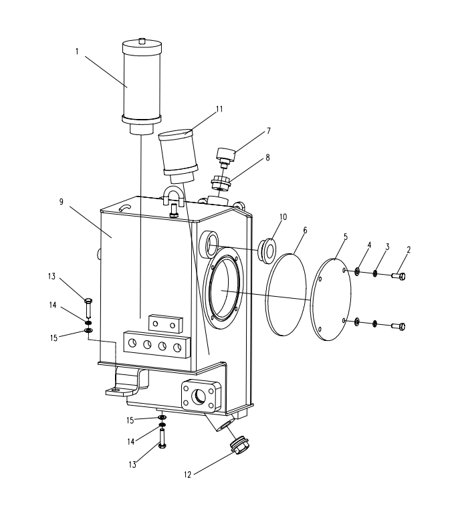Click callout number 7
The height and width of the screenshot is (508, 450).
click(x=249, y=131)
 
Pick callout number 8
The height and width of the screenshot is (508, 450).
click(x=249, y=158)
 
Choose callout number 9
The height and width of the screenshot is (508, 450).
click(x=62, y=201)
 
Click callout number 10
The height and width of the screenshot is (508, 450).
click(x=284, y=217)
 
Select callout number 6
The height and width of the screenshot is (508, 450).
click(x=305, y=230)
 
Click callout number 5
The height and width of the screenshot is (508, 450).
click(x=346, y=236)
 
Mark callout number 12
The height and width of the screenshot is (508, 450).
click(x=187, y=475)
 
